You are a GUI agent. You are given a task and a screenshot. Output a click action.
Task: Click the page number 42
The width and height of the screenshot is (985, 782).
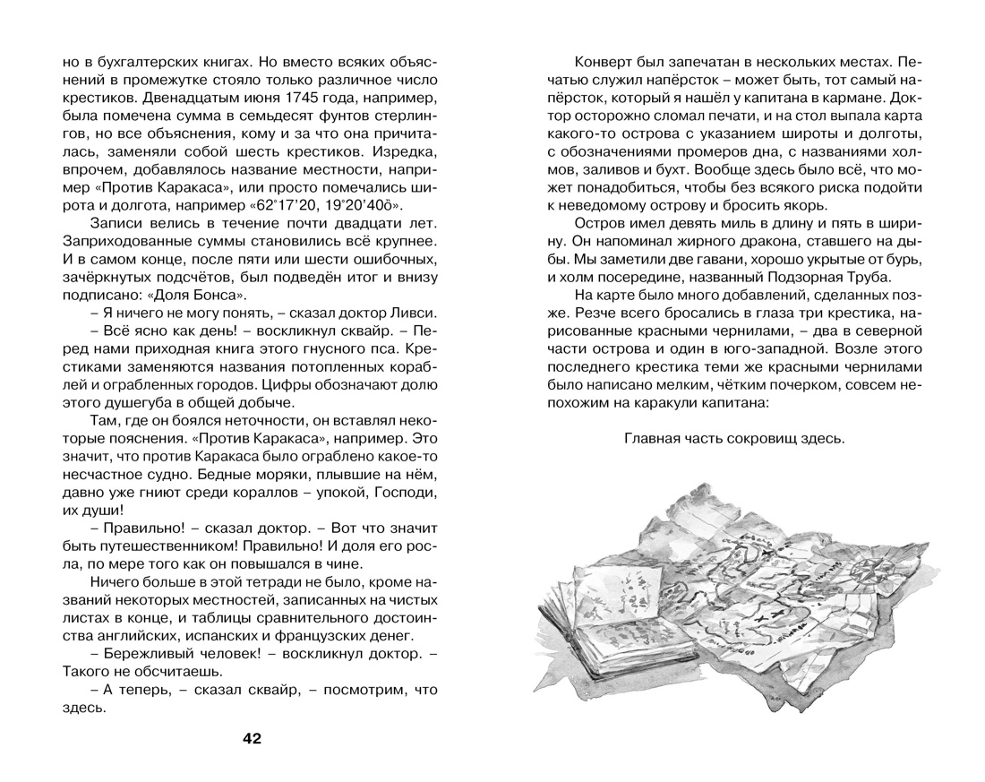pyautogui.click(x=251, y=738)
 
